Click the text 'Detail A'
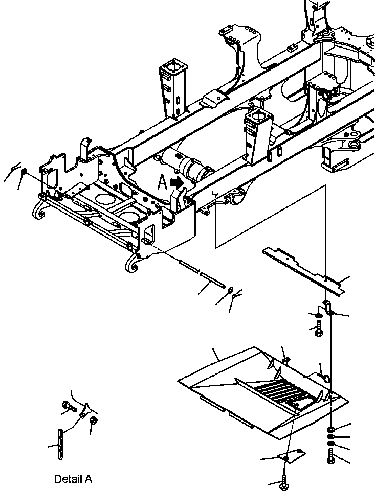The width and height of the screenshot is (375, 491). point(73,479)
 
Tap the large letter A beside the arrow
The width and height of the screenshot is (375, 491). point(162,183)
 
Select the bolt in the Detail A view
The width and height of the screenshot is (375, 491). point(69,406)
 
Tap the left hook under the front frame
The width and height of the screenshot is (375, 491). point(39,210)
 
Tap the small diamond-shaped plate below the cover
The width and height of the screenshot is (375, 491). point(291,455)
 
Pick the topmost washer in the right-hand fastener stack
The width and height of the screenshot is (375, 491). point(332,429)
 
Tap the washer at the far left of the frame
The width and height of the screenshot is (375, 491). point(23,171)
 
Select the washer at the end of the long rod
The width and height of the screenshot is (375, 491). point(230,291)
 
